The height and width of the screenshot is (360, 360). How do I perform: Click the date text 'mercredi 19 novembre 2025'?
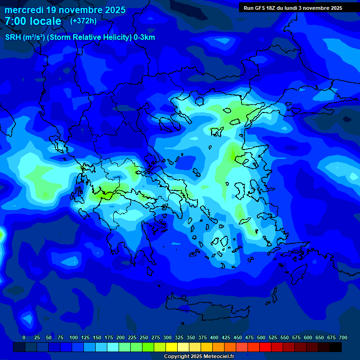pos(65,10)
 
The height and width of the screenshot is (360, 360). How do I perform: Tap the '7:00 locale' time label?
pos(33,21)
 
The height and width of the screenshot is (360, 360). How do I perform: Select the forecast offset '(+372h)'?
pos(83,21)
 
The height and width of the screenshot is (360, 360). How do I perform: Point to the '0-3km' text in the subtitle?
pos(144,37)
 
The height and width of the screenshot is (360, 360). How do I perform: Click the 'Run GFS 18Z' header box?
pos(293,7)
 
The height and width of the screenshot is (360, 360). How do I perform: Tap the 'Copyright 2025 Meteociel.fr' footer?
pos(199,356)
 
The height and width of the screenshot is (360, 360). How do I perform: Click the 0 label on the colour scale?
pos(24,337)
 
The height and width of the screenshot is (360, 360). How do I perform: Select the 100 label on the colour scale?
pos(74,337)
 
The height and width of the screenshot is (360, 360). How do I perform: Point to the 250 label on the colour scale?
pos(144,337)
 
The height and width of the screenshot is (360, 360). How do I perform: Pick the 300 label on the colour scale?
pos(167,337)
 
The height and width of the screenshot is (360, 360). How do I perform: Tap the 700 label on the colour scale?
pos(343,337)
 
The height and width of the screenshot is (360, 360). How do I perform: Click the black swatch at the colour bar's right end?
pos(336,347)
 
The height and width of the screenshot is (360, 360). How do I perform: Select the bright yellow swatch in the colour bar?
pos(172,347)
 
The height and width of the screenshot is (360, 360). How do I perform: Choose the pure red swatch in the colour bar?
pos(265,347)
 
